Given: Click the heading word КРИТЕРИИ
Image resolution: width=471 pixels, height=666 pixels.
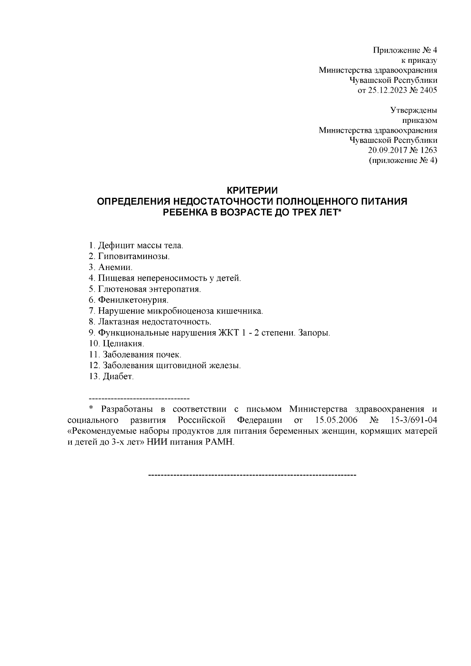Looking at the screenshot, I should [253, 191].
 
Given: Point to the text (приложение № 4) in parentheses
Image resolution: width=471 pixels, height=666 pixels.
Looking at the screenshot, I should [403, 161].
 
